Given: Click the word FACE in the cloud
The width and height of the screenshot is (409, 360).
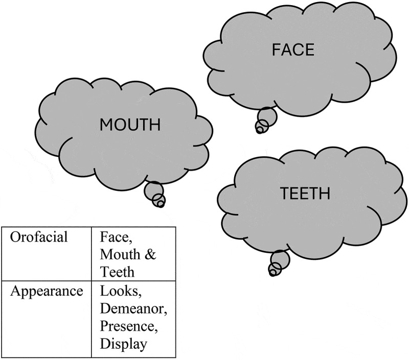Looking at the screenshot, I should pos(292,50).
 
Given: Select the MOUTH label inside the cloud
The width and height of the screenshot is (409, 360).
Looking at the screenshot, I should pos(130,124).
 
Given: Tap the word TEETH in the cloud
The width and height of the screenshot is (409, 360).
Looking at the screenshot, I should pos(305,194).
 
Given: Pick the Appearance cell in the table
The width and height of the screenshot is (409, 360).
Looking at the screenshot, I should pos(47,292).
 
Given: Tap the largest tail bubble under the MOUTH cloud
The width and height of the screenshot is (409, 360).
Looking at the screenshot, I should pos(153,190).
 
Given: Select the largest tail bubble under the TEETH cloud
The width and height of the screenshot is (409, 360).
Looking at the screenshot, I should pos(280,259).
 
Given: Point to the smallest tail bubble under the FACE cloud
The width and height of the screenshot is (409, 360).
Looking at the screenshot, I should pos(259,130).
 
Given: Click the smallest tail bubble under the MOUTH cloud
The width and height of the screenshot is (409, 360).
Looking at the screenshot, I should pos(160,204).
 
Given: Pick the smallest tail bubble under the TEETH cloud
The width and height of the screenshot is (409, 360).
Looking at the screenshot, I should pos(272,273).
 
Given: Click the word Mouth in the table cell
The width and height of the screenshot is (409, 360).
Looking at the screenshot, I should pos(117,254).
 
